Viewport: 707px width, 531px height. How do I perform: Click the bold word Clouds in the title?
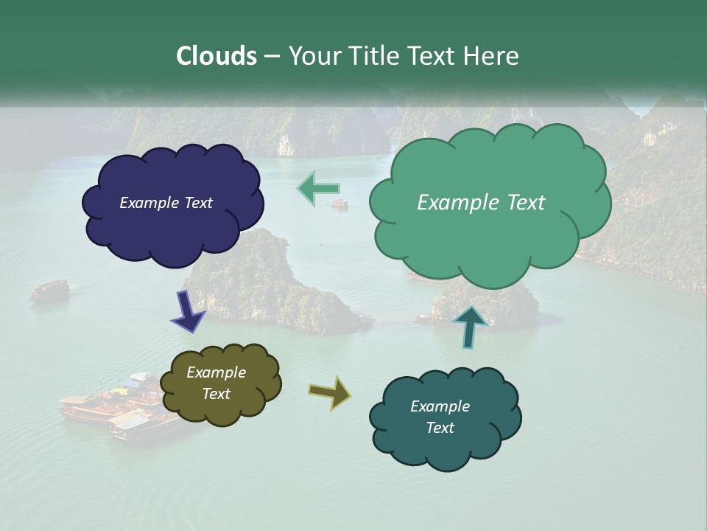coord(217,56)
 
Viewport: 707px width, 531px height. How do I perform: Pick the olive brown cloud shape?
coord(221,409)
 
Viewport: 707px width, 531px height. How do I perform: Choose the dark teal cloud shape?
coord(446,450)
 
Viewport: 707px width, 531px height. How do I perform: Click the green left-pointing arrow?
coord(318,188)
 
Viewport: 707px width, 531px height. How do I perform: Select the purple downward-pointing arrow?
coord(189,311)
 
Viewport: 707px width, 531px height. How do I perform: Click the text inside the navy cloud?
coord(166,203)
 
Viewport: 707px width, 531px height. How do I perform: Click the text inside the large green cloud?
coord(481,203)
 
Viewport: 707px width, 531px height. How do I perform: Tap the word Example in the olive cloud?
coord(216,372)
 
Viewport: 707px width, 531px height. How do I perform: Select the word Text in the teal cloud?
coord(440,428)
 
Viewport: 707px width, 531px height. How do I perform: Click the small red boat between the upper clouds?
coord(340,204)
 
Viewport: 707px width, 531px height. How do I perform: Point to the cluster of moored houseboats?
coord(118,409)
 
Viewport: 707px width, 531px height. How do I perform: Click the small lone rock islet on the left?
coord(49,291)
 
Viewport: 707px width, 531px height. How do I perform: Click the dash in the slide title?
coord(272,57)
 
